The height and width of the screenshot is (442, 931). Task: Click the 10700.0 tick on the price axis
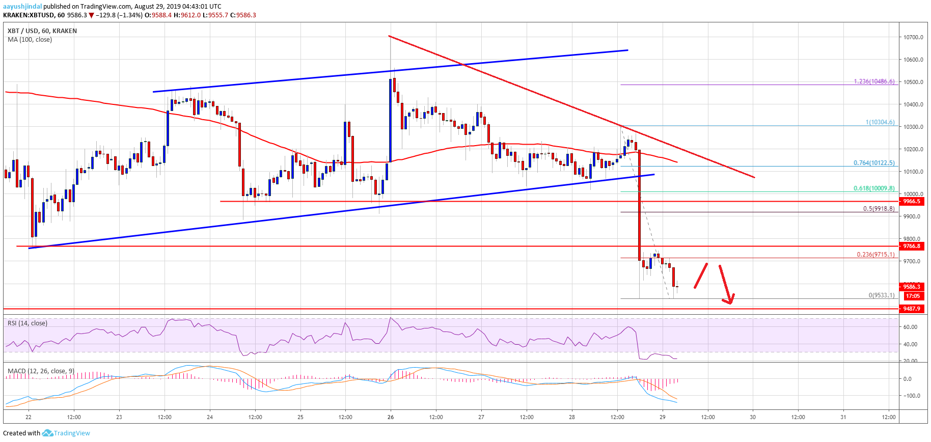coord(913,37)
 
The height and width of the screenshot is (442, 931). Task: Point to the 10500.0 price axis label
coord(913,82)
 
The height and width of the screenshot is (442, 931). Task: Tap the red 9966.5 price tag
coord(912,201)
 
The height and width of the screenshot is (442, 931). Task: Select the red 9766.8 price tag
coord(912,246)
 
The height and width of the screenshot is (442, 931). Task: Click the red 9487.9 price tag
coord(912,309)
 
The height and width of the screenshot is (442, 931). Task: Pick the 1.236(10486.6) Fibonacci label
coord(874,81)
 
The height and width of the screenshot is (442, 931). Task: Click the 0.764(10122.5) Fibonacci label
coord(874,163)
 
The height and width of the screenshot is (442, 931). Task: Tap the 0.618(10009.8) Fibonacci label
coord(874,188)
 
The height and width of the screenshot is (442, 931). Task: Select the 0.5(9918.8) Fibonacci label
coord(879,209)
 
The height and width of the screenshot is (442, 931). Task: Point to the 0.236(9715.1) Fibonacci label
coord(875,255)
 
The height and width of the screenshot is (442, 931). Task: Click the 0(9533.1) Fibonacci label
coord(882,295)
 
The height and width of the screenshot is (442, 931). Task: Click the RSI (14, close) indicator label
coord(28,323)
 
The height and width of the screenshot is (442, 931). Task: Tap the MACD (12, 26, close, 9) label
coord(41,371)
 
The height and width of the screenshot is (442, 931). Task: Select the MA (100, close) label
coord(30,40)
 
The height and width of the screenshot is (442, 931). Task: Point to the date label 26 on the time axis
coord(391,417)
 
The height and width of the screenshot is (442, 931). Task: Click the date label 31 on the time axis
coord(843,417)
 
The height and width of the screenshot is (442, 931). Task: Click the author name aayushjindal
coord(22,7)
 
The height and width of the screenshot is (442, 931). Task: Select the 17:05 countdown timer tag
coord(913,296)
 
